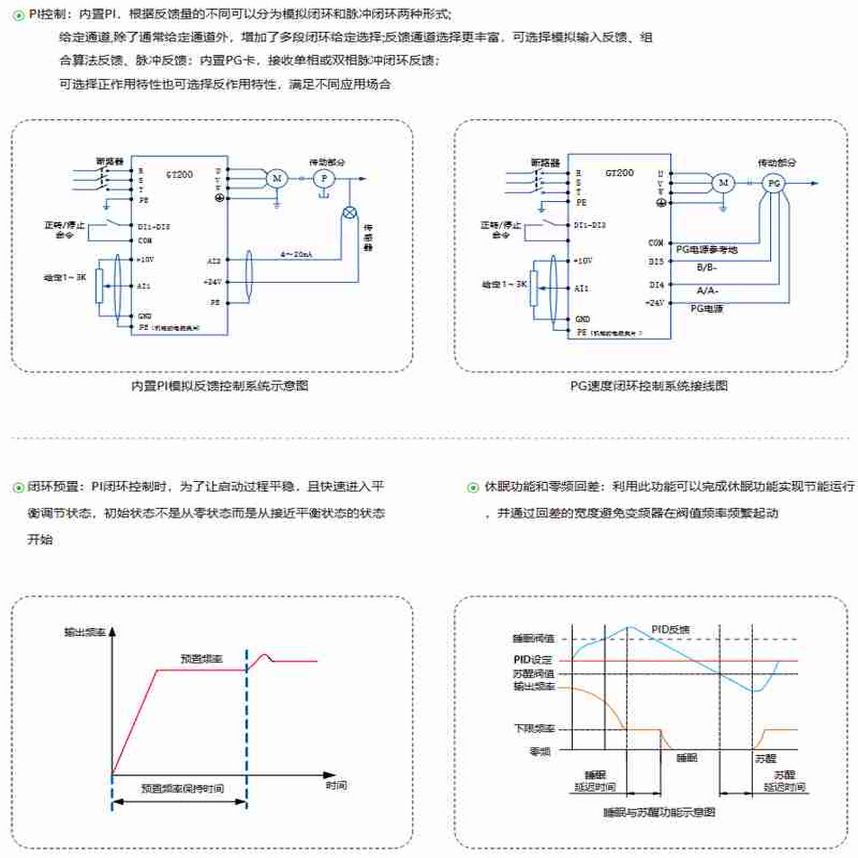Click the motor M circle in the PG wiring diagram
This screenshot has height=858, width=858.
click(x=723, y=183)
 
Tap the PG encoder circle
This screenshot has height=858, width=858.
click(x=773, y=184)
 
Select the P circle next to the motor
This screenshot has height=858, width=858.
click(x=324, y=178)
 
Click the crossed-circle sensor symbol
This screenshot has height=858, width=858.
click(x=350, y=213)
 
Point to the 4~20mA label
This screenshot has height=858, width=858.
click(x=296, y=254)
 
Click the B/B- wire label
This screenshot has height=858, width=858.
click(x=707, y=268)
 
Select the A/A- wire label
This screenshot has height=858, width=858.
click(x=707, y=290)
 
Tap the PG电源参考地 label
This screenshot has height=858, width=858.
click(x=707, y=250)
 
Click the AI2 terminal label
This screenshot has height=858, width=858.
click(x=214, y=261)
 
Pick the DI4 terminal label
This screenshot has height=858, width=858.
click(x=656, y=285)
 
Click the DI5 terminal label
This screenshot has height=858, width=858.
click(x=656, y=262)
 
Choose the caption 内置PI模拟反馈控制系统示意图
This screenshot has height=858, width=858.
click(x=219, y=386)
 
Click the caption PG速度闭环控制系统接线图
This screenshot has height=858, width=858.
click(x=649, y=386)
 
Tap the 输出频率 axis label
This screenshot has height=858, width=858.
click(x=85, y=632)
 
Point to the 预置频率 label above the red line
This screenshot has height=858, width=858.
click(x=201, y=658)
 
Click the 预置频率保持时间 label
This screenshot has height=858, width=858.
click(x=182, y=788)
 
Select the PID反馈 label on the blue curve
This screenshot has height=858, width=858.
click(x=670, y=629)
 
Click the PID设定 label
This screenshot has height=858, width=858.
click(x=533, y=660)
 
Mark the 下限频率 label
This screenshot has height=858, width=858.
click(x=534, y=729)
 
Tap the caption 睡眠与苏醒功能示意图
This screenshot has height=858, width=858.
click(x=659, y=812)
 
